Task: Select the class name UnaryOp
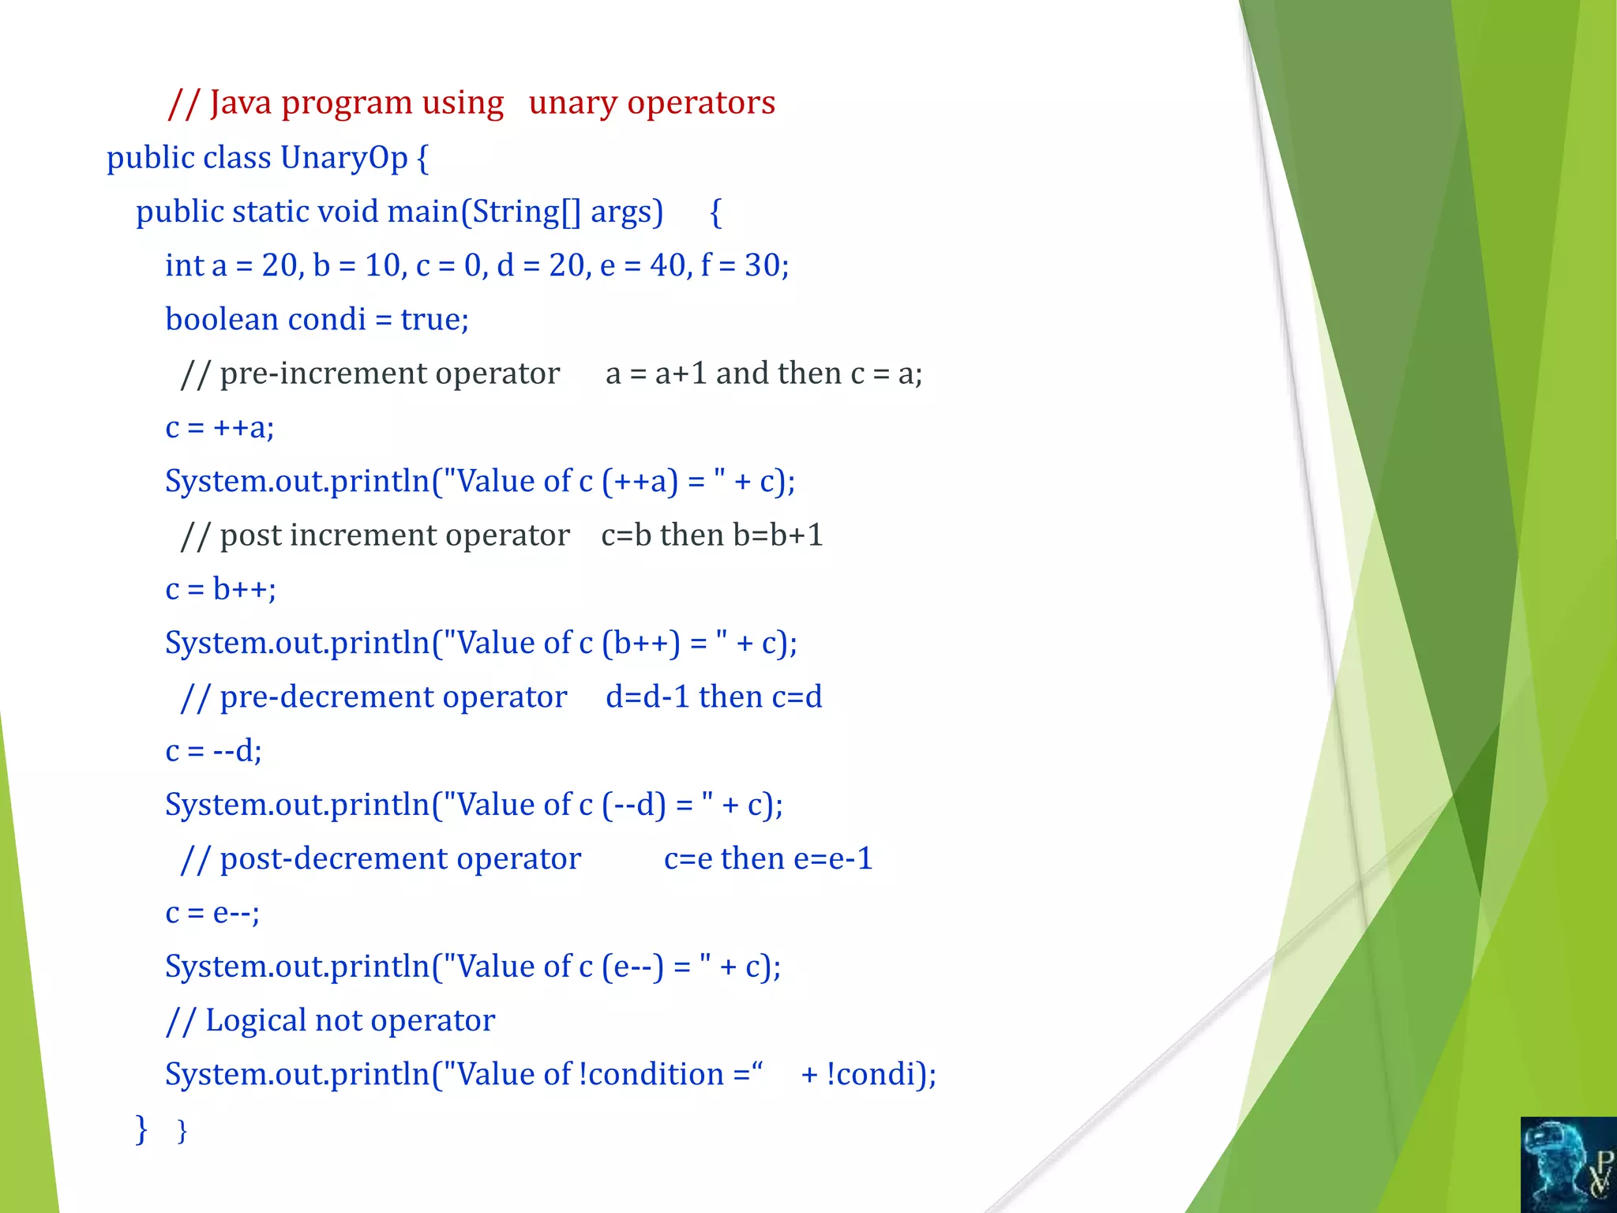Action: coord(343,158)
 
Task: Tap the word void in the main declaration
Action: coord(346,212)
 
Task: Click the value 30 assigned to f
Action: coord(762,266)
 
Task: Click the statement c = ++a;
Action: coord(219,428)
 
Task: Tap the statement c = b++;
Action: coord(220,590)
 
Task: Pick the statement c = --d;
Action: coord(213,751)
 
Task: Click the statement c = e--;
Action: coord(212,913)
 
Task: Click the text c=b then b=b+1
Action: coord(711,535)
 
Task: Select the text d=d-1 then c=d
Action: coord(713,697)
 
